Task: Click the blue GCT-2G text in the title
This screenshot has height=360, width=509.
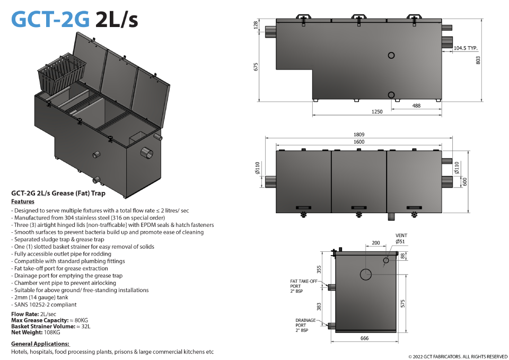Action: [50, 19]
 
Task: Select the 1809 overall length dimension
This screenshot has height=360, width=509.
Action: [359, 134]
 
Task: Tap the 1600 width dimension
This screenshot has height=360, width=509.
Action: [359, 142]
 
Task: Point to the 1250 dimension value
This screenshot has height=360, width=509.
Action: [377, 111]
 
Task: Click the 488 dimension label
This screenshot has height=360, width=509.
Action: [416, 106]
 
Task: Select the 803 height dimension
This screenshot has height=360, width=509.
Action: [478, 60]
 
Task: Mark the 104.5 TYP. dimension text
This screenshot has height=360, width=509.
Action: [466, 48]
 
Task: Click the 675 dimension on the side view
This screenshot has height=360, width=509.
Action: [256, 67]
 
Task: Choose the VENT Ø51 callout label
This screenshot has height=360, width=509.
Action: [401, 239]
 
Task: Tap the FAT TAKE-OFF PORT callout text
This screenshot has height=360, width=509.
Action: [303, 286]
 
